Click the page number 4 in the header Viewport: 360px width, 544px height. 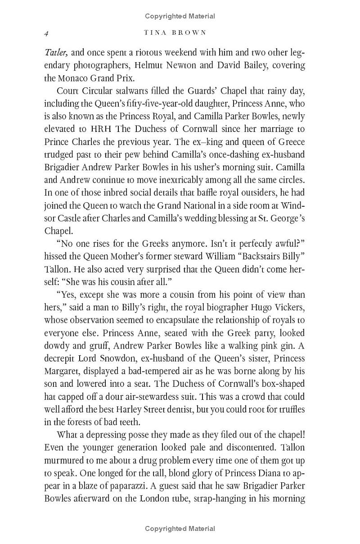point(46,33)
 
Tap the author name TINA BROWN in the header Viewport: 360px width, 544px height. point(175,32)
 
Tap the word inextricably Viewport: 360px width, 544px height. point(177,168)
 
